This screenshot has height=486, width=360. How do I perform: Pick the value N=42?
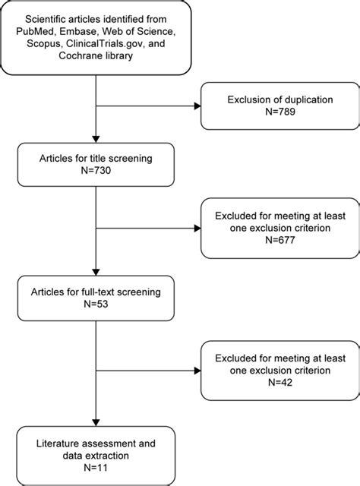click(x=278, y=383)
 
